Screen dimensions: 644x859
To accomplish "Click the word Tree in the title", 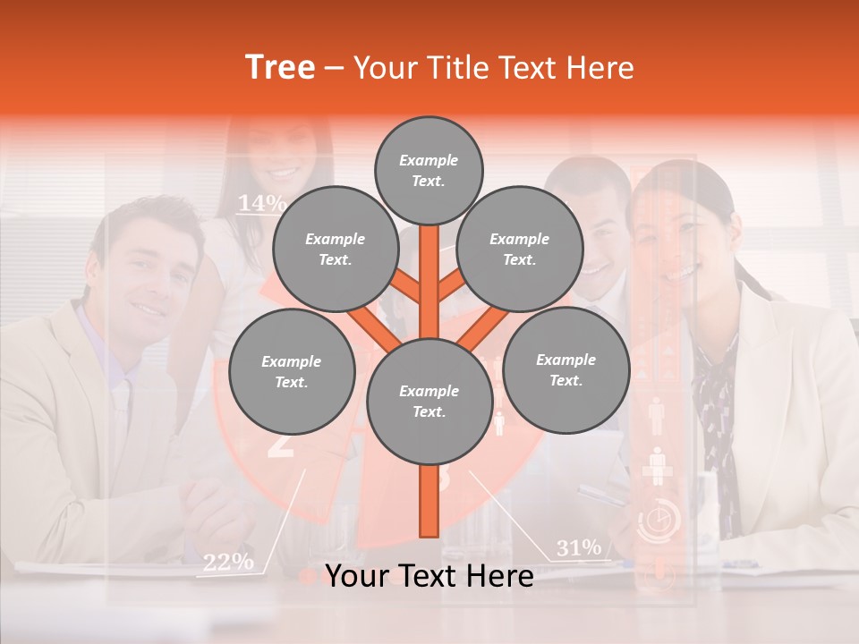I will (x=280, y=67).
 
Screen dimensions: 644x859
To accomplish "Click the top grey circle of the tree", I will (x=429, y=170).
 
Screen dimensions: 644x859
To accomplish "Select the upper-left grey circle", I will (x=335, y=249).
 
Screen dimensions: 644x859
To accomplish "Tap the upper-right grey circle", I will (x=519, y=249).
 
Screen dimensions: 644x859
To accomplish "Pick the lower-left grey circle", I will (x=291, y=371).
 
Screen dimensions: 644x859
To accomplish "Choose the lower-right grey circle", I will (x=566, y=369).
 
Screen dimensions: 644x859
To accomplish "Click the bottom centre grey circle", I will (x=429, y=401).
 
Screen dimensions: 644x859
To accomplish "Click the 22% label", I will (x=227, y=562).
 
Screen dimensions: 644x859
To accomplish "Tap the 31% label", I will (x=579, y=547).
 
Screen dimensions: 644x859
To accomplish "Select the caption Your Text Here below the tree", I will (x=429, y=576).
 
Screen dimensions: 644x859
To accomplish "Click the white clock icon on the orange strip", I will (x=659, y=519).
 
